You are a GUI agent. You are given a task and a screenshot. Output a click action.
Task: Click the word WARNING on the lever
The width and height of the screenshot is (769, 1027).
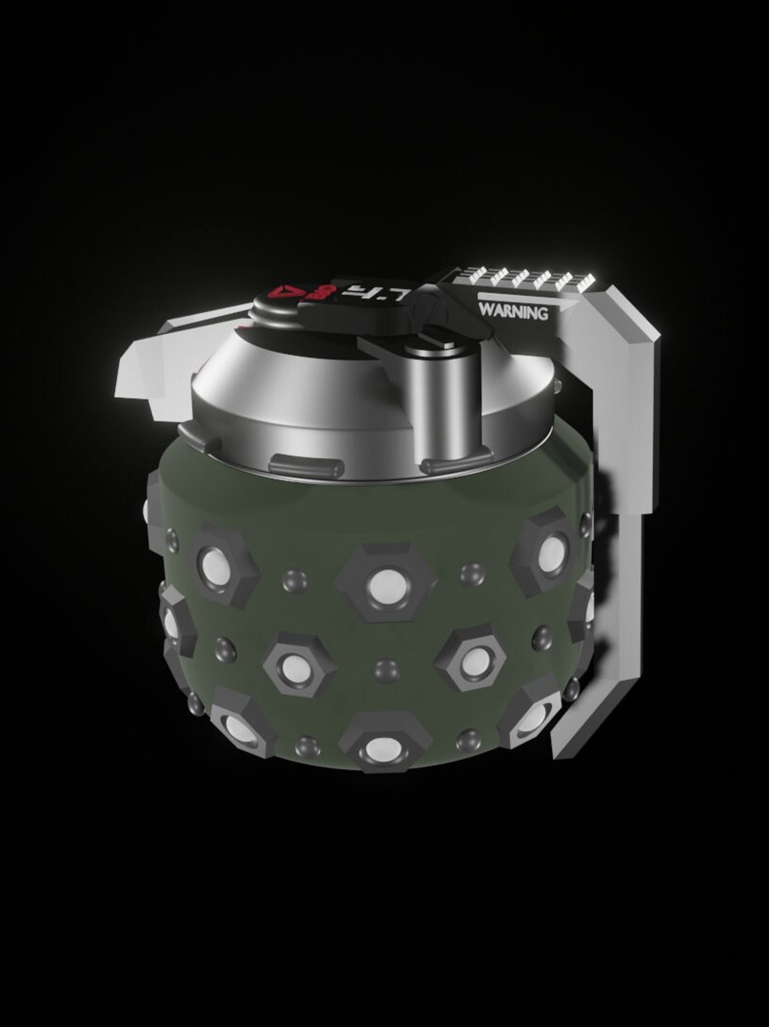[514, 312]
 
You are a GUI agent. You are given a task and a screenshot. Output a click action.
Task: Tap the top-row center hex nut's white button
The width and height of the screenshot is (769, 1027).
[385, 583]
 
